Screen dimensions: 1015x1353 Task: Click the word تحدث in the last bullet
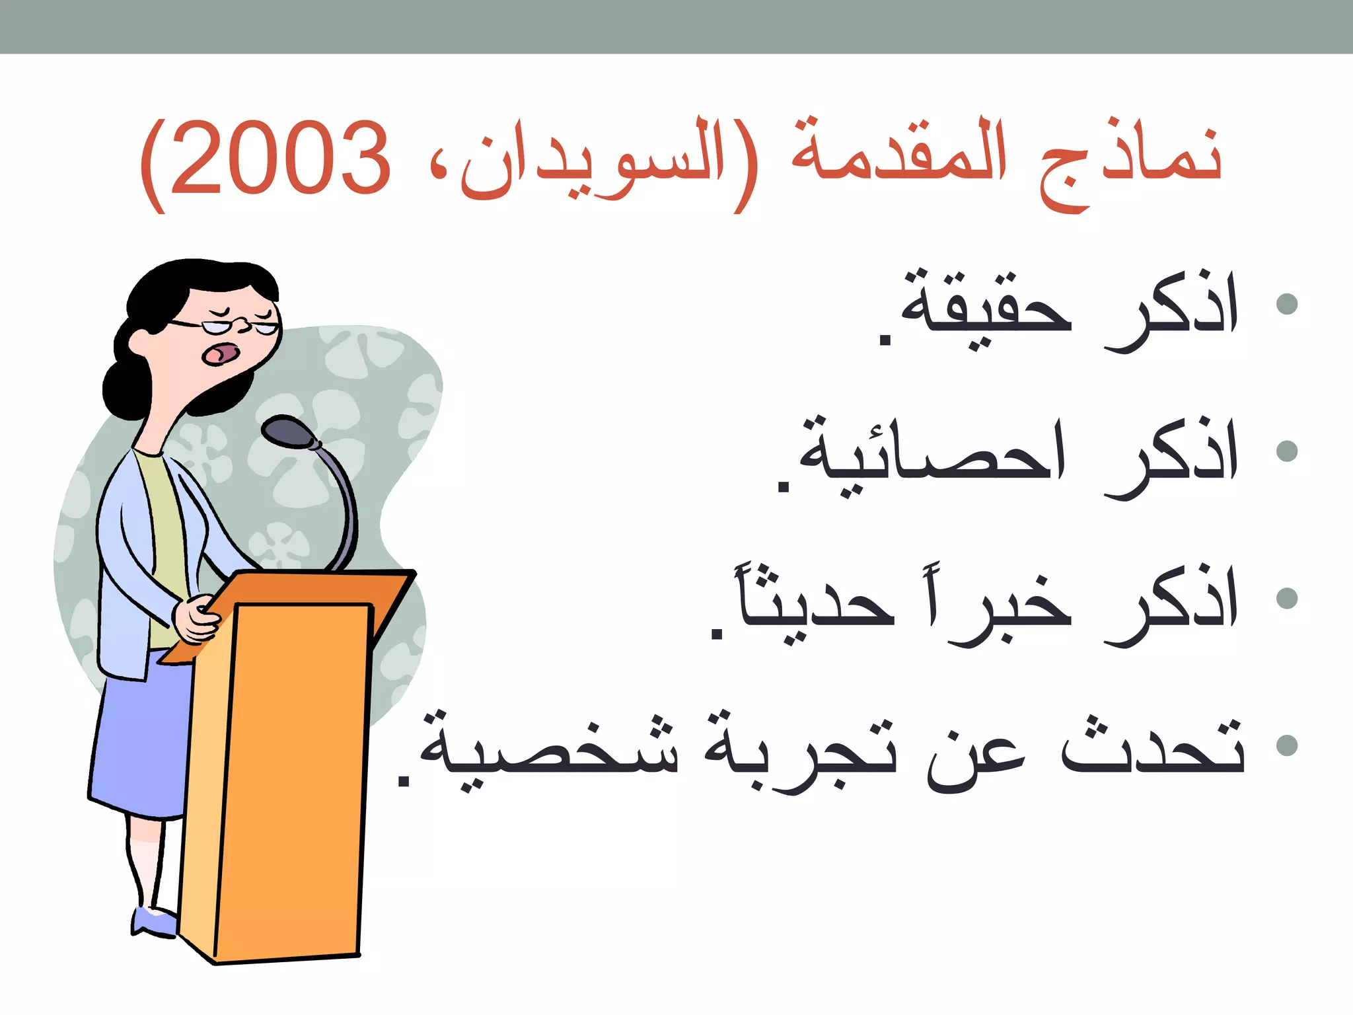1153,747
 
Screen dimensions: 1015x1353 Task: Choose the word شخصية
548,750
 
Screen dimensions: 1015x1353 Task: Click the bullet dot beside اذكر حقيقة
1287,304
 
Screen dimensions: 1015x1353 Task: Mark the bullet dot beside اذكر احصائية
1287,451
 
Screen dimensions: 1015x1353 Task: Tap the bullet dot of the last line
1287,745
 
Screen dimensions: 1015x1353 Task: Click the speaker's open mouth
220,354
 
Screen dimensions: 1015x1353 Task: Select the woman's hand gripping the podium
196,618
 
